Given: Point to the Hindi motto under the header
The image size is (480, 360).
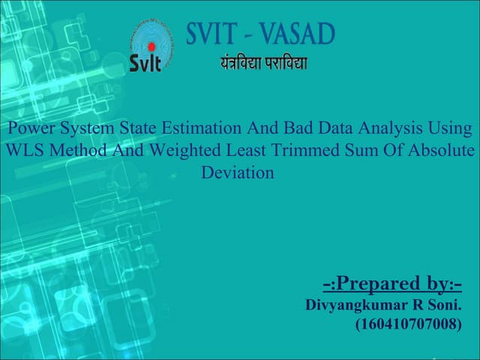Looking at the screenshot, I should point(263,62).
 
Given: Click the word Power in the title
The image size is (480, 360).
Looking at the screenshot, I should point(29,129).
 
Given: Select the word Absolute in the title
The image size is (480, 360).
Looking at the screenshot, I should point(442,151).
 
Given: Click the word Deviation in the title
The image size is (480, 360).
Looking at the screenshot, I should point(238,172).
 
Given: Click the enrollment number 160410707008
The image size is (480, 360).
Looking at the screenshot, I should point(408,325).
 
